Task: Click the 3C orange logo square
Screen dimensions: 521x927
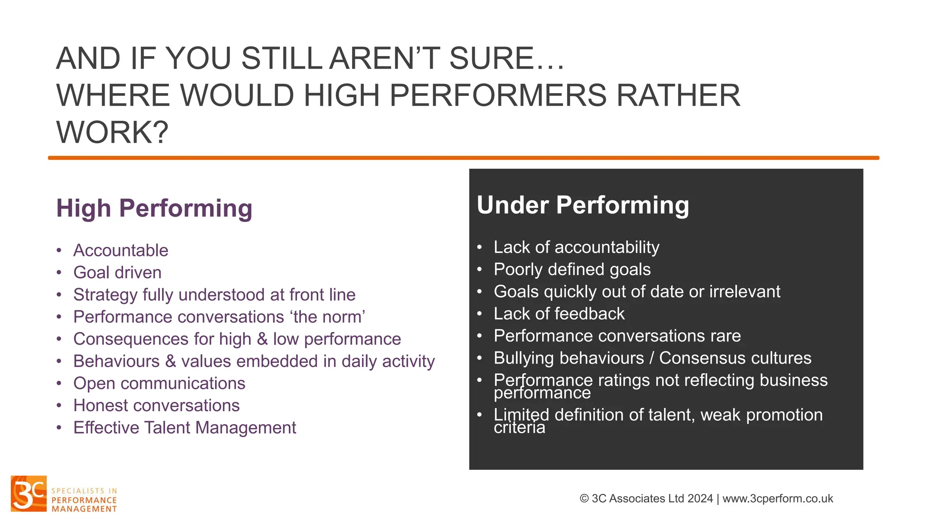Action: pyautogui.click(x=29, y=493)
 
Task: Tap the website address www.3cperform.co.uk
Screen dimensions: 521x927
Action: pyautogui.click(x=778, y=498)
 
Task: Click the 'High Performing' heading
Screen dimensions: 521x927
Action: pyautogui.click(x=154, y=208)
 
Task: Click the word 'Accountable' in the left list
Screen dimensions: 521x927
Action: pyautogui.click(x=121, y=251)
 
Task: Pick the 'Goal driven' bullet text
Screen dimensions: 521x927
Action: pyautogui.click(x=117, y=273)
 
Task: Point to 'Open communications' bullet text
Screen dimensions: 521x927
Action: pyautogui.click(x=159, y=384)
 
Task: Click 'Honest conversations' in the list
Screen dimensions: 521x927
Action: pyautogui.click(x=156, y=406)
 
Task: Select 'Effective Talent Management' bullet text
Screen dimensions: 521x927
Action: pyautogui.click(x=185, y=428)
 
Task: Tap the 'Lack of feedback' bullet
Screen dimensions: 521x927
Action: pyautogui.click(x=559, y=314)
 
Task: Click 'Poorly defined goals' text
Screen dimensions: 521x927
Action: pyautogui.click(x=572, y=270)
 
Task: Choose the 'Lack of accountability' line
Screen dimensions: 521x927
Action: pyautogui.click(x=576, y=247)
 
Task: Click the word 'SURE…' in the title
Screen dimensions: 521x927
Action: pyautogui.click(x=507, y=59)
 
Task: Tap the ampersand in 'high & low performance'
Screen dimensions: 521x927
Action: pyautogui.click(x=262, y=339)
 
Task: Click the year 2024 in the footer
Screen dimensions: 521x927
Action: pyautogui.click(x=700, y=498)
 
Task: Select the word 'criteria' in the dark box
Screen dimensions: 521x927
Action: pyautogui.click(x=519, y=428)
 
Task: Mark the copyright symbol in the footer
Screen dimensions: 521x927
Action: pyautogui.click(x=584, y=498)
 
